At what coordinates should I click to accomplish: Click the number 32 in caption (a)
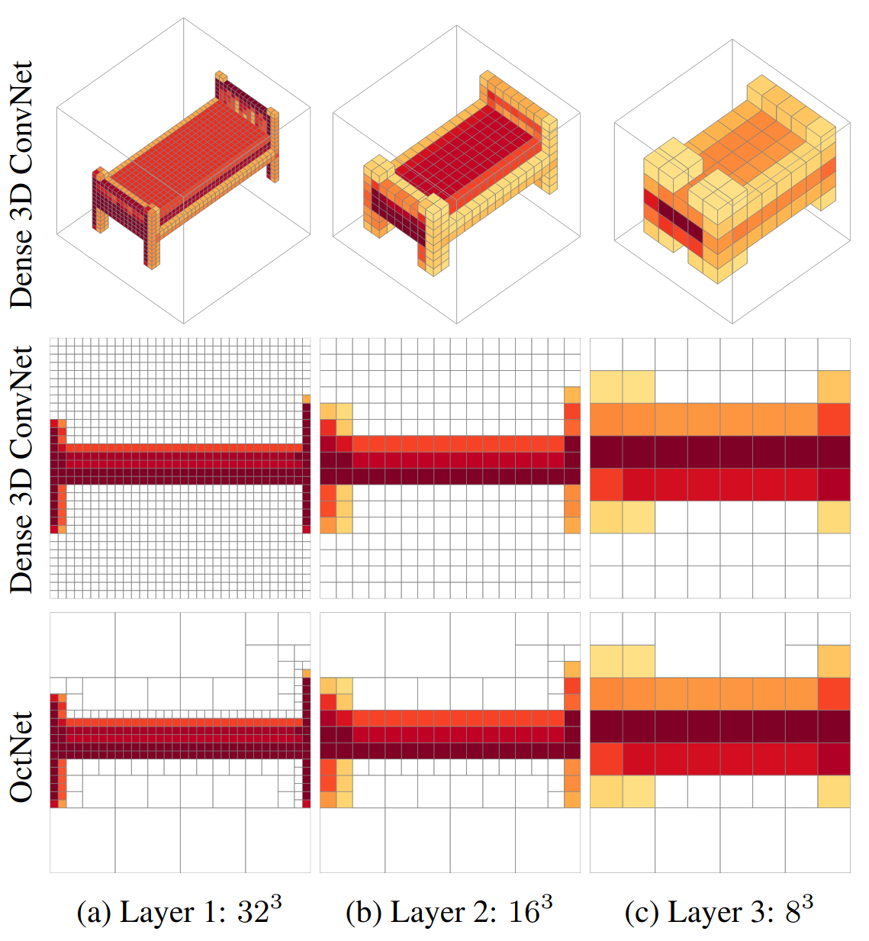coord(253,913)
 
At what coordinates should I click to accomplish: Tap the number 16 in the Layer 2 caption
coord(524,913)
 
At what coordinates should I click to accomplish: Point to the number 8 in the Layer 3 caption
coord(793,913)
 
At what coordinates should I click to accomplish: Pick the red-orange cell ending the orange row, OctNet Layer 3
coord(834,694)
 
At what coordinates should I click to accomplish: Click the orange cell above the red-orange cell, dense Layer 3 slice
coord(834,387)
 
